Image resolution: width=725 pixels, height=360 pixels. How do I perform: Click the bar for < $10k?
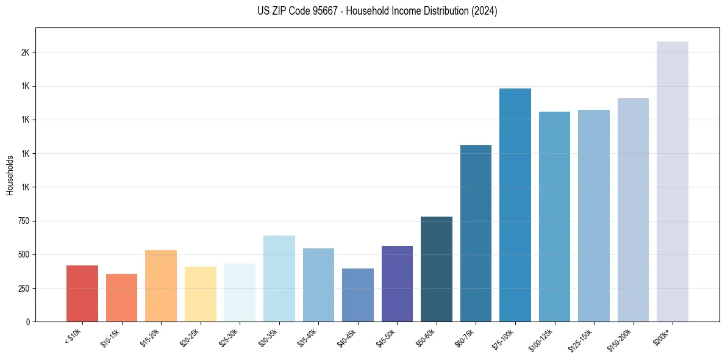[82, 293]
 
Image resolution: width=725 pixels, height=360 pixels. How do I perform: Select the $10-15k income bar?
[121, 298]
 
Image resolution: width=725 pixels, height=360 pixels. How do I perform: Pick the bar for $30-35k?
[279, 278]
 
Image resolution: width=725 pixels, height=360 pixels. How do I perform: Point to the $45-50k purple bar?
[397, 284]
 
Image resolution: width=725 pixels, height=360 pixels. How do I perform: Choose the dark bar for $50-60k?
[437, 269]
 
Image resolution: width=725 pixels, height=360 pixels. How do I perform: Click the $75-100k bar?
[515, 205]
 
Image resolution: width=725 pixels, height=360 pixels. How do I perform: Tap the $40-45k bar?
[358, 295]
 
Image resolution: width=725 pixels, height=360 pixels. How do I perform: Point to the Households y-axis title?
[10, 175]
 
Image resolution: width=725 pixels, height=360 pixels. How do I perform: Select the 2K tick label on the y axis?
[25, 52]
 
